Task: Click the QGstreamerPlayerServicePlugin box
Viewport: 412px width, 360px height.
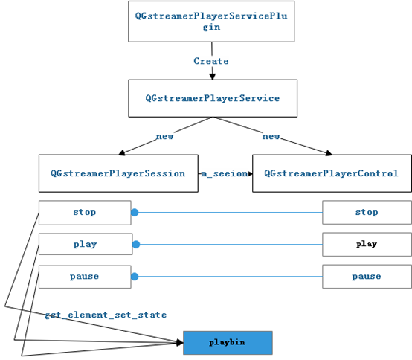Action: [212, 21]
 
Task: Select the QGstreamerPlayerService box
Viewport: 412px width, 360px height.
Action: [212, 98]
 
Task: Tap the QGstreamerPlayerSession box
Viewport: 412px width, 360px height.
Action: [118, 173]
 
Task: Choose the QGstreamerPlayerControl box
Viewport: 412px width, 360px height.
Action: [331, 173]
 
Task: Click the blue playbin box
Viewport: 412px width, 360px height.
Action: [228, 342]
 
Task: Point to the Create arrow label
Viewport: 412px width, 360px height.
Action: [211, 61]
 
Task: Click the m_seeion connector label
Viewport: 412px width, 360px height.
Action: [225, 173]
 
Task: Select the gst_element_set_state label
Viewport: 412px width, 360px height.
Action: [105, 315]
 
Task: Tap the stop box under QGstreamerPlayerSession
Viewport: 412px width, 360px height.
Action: [85, 212]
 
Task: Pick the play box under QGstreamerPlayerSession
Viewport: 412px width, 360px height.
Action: [85, 244]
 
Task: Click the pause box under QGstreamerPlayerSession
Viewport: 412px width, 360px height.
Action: [85, 276]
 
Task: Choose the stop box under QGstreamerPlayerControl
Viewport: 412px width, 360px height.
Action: [367, 212]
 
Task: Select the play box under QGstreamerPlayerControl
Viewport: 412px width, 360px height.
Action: [367, 244]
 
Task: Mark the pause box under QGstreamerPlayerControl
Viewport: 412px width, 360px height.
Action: [367, 276]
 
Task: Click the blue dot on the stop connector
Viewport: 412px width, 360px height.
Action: [135, 212]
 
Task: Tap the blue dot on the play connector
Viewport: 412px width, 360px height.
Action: [137, 244]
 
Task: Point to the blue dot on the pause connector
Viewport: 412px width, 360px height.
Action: [135, 276]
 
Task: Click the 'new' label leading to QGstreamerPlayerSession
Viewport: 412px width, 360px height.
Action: [164, 136]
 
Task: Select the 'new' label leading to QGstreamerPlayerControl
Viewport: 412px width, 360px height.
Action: [271, 136]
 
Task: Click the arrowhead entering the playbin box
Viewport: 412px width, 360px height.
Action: [179, 342]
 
